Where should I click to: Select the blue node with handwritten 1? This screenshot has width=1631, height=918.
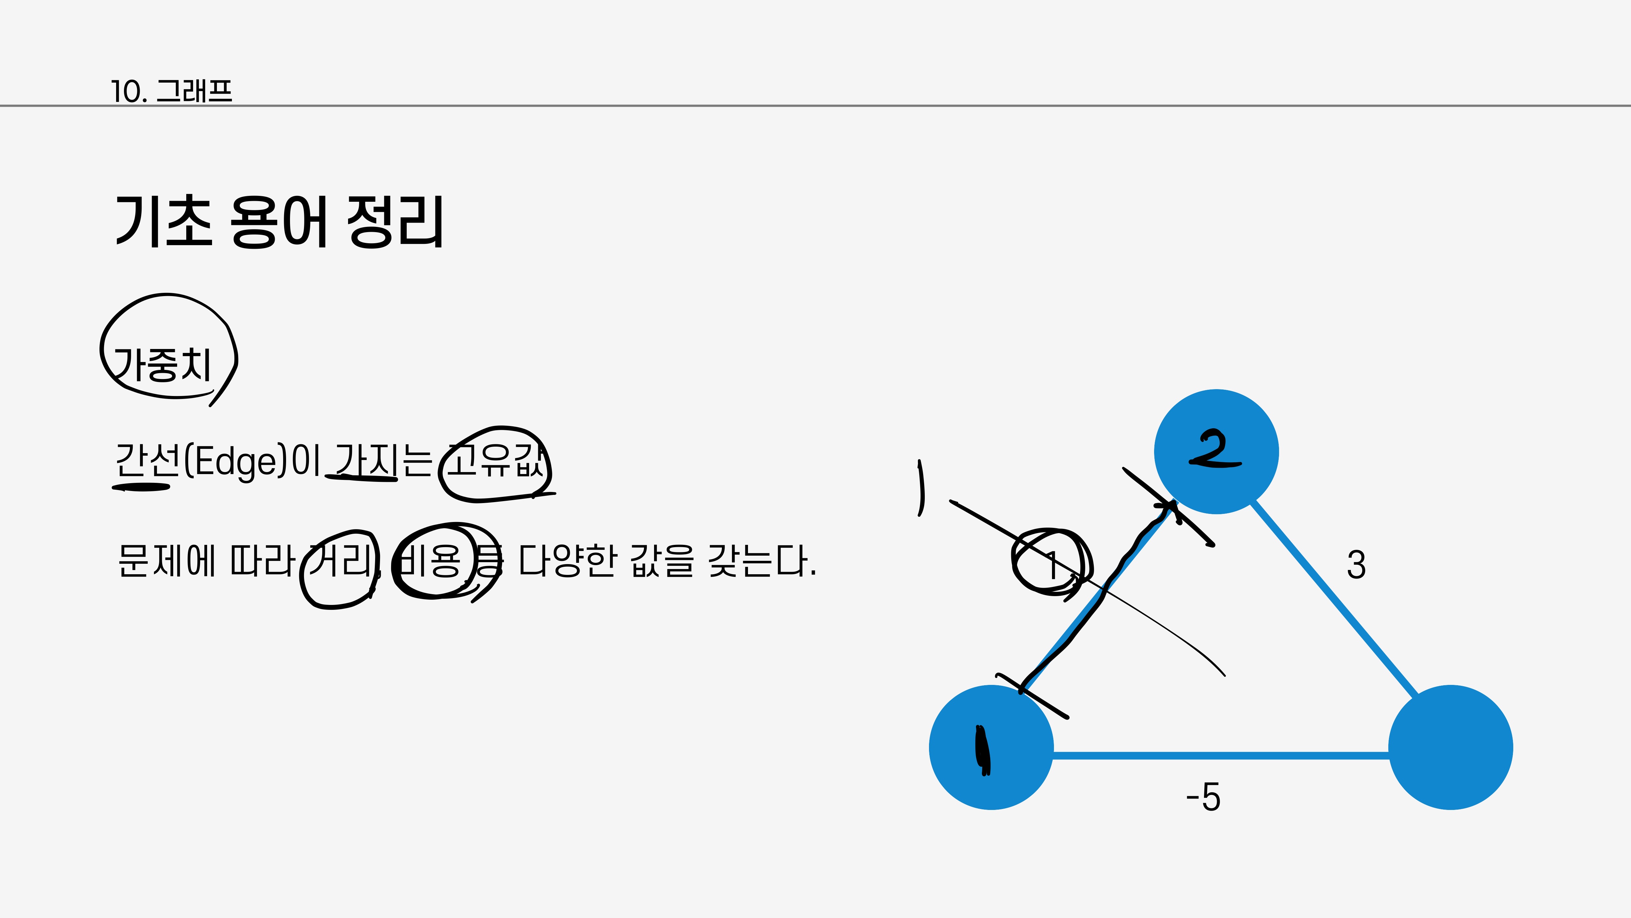click(991, 748)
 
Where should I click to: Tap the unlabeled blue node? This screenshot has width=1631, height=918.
click(1451, 748)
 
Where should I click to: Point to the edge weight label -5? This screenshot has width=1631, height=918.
click(1203, 797)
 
